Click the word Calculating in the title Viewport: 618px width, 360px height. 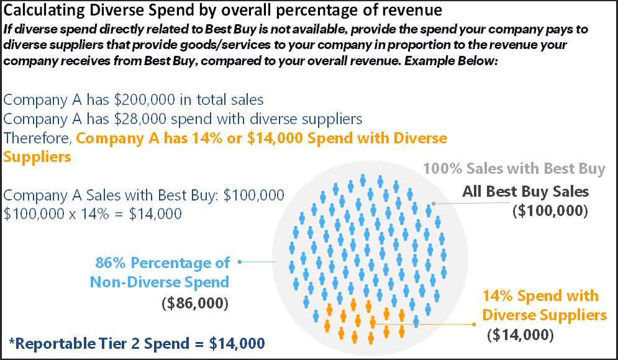pyautogui.click(x=39, y=11)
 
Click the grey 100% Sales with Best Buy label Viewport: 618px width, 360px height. pyautogui.click(x=514, y=169)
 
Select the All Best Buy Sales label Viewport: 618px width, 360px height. pyautogui.click(x=525, y=191)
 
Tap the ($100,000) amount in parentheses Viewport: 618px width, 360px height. pyautogui.click(x=550, y=210)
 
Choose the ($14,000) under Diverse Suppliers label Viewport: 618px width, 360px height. pyautogui.click(x=520, y=335)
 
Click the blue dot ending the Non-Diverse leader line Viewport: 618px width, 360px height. pyautogui.click(x=240, y=262)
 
